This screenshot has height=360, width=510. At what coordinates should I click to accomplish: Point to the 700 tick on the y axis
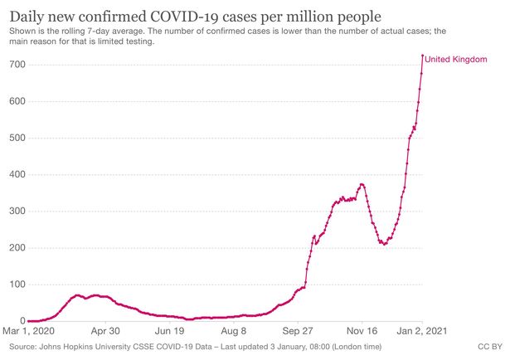click(x=17, y=65)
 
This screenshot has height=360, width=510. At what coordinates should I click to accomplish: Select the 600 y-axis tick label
click(x=17, y=101)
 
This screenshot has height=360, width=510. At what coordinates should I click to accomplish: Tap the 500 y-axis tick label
click(x=17, y=138)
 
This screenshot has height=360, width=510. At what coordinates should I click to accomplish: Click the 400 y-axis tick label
click(x=17, y=174)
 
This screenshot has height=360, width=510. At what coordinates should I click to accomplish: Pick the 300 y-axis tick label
click(x=17, y=211)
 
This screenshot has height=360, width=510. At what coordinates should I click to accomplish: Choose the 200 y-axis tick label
click(x=17, y=247)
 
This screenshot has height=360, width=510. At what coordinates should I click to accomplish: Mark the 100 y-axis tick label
click(x=17, y=284)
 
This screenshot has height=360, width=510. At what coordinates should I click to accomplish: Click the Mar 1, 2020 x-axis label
click(x=30, y=330)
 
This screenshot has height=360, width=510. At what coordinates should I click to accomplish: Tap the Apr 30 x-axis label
click(x=107, y=330)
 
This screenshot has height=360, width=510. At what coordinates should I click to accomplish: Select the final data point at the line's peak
click(x=423, y=56)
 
